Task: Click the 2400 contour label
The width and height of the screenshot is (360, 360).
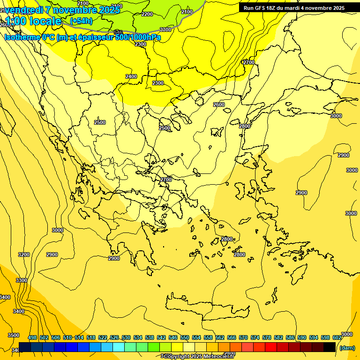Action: pyautogui.click(x=131, y=76)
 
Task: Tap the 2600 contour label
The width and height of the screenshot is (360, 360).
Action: pyautogui.click(x=219, y=105)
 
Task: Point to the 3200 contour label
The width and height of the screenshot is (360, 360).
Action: pyautogui.click(x=24, y=255)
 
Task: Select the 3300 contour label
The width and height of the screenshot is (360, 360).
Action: pyautogui.click(x=22, y=280)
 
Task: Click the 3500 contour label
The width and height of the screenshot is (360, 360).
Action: pyautogui.click(x=14, y=335)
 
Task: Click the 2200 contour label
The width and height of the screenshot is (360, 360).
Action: pyautogui.click(x=147, y=14)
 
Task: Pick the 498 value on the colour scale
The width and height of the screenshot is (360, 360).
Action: pyautogui.click(x=32, y=337)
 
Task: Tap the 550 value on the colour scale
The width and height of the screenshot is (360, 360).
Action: pyautogui.click(x=185, y=337)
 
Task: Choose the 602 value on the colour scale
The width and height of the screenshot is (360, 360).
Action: pyautogui.click(x=337, y=337)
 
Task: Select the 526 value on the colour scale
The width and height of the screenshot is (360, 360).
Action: pyautogui.click(x=114, y=337)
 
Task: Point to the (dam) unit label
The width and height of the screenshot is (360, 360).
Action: pyautogui.click(x=347, y=347)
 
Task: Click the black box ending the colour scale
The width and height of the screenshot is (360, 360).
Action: pyautogui.click(x=330, y=347)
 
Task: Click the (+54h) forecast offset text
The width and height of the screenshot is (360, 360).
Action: pyautogui.click(x=81, y=21)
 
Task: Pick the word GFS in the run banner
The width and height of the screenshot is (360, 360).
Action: pyautogui.click(x=263, y=8)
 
